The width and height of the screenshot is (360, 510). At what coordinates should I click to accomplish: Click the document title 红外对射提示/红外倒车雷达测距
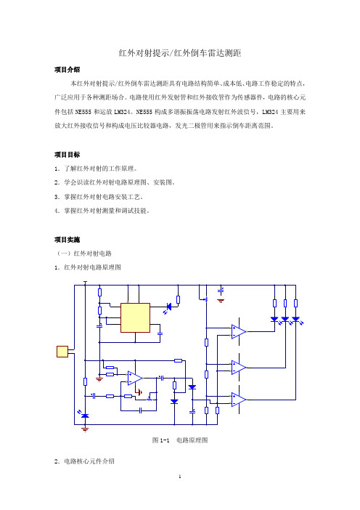(x=180, y=53)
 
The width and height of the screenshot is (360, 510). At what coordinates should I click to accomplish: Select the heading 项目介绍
(x=67, y=70)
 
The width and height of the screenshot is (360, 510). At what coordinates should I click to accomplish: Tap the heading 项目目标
(x=67, y=155)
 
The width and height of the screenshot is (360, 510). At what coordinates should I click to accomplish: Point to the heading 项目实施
(x=67, y=240)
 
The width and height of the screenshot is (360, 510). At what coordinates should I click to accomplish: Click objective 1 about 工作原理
(x=96, y=169)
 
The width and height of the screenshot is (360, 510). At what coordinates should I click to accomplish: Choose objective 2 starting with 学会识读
(x=115, y=182)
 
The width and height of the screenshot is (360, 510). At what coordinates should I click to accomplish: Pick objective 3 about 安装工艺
(x=99, y=197)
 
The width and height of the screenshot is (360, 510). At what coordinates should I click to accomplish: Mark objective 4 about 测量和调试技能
(x=102, y=211)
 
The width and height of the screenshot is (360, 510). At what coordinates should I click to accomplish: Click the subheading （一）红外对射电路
(x=84, y=254)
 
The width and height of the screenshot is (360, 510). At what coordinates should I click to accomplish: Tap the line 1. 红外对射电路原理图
(x=88, y=267)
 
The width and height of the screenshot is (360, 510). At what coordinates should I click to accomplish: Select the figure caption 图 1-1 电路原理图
(x=180, y=440)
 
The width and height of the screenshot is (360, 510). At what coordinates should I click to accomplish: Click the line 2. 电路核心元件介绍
(x=84, y=461)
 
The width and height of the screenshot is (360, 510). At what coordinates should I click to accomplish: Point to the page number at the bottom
(x=180, y=477)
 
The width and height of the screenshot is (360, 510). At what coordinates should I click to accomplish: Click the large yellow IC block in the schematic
(x=135, y=317)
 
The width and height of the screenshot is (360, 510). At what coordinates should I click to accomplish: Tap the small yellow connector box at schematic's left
(x=62, y=352)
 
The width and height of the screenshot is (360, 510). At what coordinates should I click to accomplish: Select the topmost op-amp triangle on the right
(x=239, y=331)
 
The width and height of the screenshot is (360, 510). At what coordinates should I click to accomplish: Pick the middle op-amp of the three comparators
(x=239, y=368)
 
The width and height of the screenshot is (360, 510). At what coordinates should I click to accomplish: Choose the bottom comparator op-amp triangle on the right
(x=239, y=400)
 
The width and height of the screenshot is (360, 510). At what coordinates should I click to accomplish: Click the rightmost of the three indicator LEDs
(x=296, y=320)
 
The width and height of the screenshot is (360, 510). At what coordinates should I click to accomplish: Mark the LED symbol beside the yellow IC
(x=168, y=307)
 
